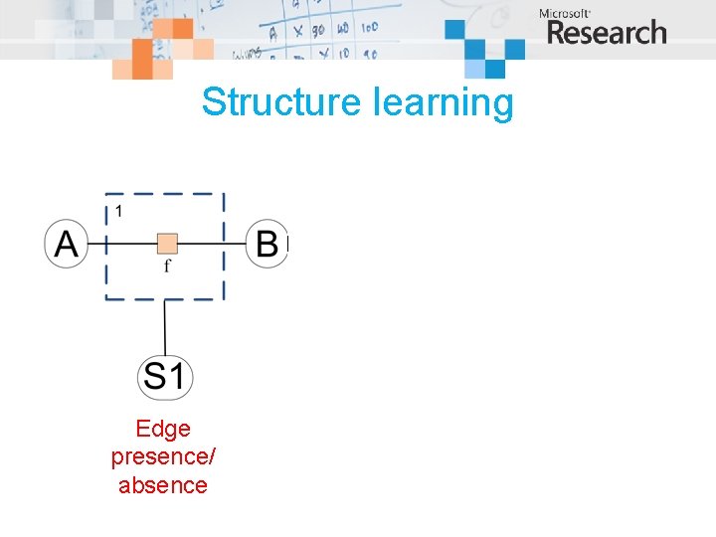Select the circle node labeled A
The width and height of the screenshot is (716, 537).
pyautogui.click(x=67, y=244)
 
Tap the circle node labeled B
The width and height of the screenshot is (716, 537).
pyautogui.click(x=267, y=244)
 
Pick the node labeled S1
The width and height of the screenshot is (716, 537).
pyautogui.click(x=165, y=376)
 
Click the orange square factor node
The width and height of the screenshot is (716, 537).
pyautogui.click(x=167, y=243)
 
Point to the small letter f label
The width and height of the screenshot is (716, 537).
pyautogui.click(x=167, y=266)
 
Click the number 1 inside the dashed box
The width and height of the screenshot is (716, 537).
pyautogui.click(x=119, y=211)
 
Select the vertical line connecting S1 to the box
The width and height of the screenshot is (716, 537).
pyautogui.click(x=165, y=328)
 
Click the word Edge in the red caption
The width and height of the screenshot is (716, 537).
pyautogui.click(x=163, y=429)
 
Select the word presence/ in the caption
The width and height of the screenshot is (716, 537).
pyautogui.click(x=163, y=457)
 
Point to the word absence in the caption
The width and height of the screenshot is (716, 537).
pyautogui.click(x=163, y=485)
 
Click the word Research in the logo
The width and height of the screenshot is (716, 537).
pyautogui.click(x=607, y=34)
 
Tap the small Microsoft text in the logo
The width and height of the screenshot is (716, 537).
pyautogui.click(x=565, y=13)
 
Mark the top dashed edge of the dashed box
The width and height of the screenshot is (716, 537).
pyautogui.click(x=165, y=195)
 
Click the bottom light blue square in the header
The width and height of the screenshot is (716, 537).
pyautogui.click(x=494, y=69)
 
